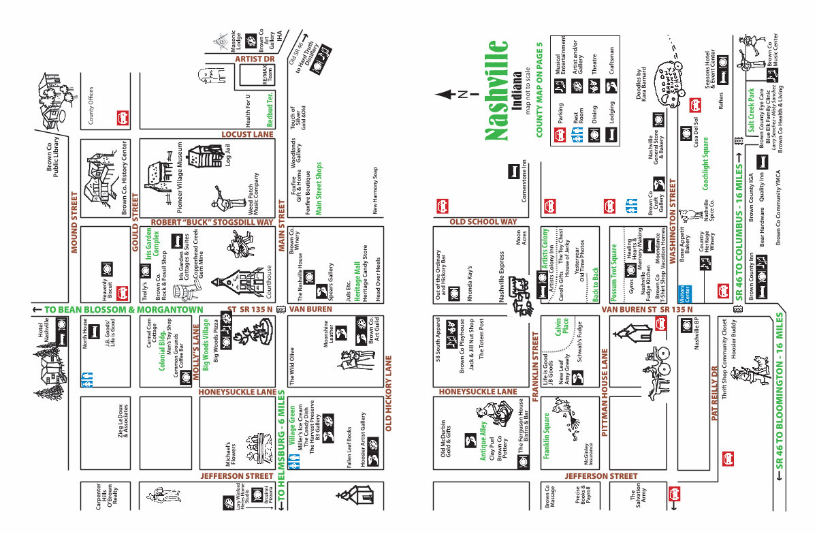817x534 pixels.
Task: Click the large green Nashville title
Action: coord(498,91)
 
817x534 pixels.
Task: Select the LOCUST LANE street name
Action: coord(248,134)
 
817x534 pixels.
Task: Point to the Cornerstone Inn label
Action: coord(524,178)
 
